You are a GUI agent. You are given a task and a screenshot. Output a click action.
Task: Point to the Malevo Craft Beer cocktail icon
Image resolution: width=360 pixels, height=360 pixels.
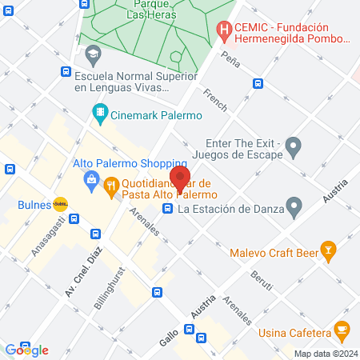[x=327, y=253]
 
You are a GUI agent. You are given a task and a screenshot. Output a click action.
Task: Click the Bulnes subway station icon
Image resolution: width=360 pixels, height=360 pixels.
[x=60, y=204]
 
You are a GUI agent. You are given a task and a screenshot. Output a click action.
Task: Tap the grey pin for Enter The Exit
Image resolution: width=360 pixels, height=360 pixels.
[x=294, y=146]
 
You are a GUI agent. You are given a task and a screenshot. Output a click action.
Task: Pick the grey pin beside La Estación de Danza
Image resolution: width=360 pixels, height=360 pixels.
[x=294, y=210]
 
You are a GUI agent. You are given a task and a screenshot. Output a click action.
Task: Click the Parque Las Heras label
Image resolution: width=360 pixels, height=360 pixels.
[x=147, y=10]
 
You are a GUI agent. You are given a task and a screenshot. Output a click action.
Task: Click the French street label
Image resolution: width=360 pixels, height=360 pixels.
[x=215, y=100]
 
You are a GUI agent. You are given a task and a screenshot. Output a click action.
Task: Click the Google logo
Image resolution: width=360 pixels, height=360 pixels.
[x=26, y=350]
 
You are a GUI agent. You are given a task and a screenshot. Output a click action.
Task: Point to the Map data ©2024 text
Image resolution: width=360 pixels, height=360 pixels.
[x=325, y=354]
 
